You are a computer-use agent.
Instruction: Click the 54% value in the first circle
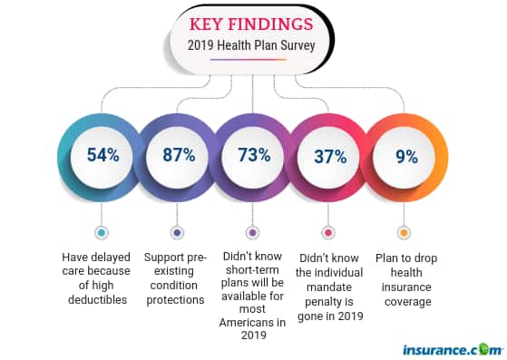[102, 154]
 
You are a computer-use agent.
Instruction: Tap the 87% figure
[178, 154]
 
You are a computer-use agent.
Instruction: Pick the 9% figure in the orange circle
[405, 155]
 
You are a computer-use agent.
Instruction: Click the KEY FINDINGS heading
[252, 21]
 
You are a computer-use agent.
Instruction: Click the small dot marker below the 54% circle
[102, 232]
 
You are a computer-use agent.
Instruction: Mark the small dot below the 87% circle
[177, 232]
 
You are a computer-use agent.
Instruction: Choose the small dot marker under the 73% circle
[252, 232]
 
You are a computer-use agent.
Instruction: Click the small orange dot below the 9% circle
[404, 232]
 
